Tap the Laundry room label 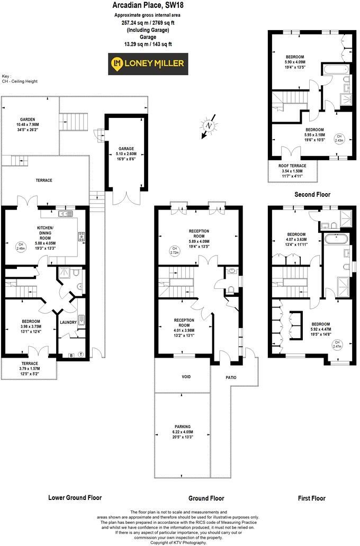click(69, 322)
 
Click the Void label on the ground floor click(181, 376)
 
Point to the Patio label click(230, 377)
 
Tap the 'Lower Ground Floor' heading click(75, 497)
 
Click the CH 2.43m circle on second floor click(338, 139)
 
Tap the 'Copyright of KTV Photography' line click(179, 543)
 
